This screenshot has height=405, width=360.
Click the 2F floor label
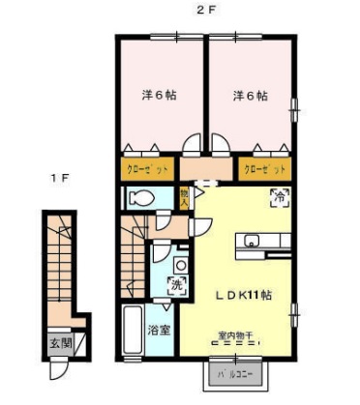tap(203, 11)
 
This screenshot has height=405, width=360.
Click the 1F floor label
tap(61, 178)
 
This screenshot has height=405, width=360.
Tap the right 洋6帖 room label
tap(249, 97)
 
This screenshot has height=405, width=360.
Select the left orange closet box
tap(147, 169)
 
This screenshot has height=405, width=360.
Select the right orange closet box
tap(263, 169)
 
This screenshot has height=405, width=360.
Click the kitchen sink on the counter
tap(253, 241)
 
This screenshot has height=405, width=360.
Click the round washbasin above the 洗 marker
tap(179, 263)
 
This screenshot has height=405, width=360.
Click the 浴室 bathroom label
tap(159, 331)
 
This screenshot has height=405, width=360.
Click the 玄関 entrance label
tap(60, 342)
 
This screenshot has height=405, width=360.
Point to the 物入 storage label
tap(185, 198)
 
